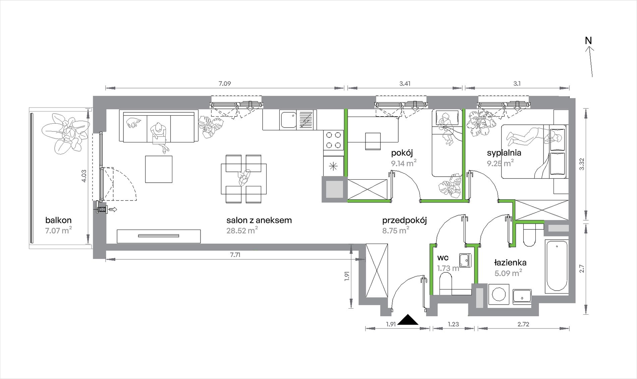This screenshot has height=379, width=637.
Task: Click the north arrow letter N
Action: (x=588, y=40)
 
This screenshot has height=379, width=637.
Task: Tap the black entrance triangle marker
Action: (x=408, y=320)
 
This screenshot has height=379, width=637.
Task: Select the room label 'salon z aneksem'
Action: (x=259, y=220)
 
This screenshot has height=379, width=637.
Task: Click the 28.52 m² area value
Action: (x=242, y=230)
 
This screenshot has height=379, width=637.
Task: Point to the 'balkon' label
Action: (x=58, y=220)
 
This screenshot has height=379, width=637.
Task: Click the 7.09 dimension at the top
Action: (x=225, y=83)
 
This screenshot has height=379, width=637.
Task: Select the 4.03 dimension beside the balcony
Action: (x=84, y=176)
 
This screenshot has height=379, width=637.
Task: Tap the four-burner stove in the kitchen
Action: (x=334, y=140)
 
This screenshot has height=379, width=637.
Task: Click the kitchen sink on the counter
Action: (x=288, y=120)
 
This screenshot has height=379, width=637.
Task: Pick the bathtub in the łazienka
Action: (x=557, y=265)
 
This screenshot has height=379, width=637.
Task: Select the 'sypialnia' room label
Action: (x=504, y=153)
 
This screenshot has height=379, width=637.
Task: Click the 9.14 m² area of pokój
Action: (x=404, y=163)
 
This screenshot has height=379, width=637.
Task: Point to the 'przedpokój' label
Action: (x=404, y=220)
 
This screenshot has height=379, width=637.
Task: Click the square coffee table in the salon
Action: (x=159, y=169)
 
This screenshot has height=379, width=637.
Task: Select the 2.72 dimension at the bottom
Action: (x=523, y=324)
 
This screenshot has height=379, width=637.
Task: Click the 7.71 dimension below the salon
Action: (x=235, y=255)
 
